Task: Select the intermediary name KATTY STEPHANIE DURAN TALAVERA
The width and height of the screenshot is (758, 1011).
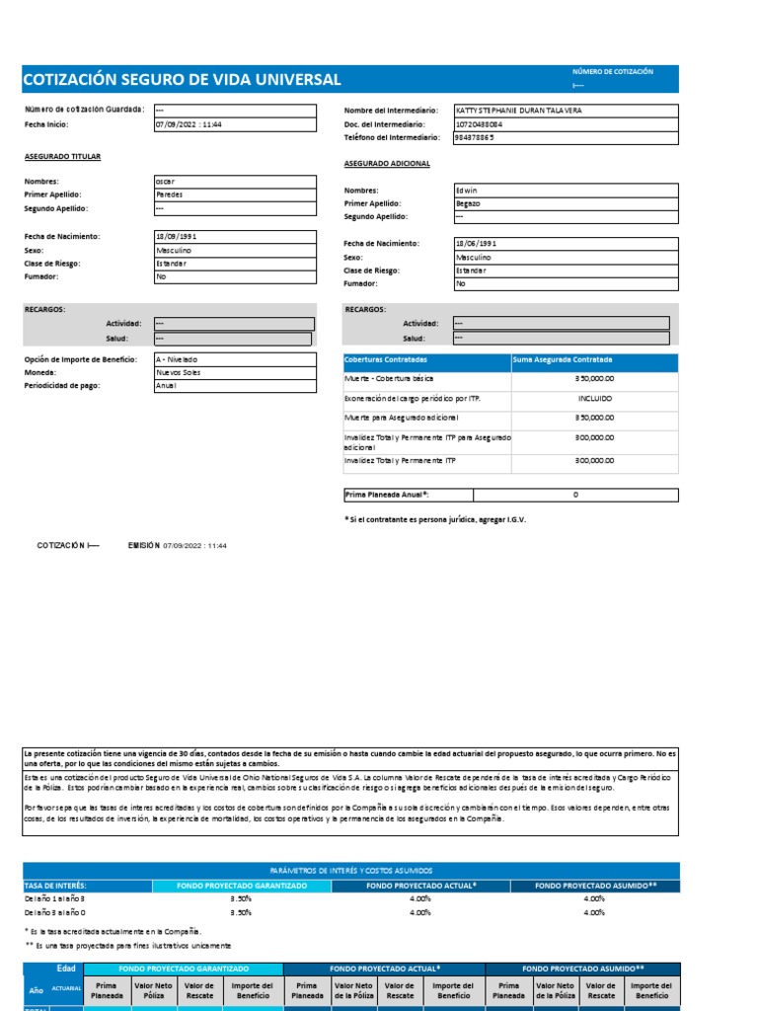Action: point(518,111)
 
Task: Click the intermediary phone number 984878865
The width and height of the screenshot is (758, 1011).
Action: point(475,138)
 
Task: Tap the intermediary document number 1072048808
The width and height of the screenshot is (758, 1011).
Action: point(479,124)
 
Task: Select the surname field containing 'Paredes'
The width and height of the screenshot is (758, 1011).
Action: point(170,195)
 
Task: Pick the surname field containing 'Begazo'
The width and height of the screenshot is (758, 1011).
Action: point(468,203)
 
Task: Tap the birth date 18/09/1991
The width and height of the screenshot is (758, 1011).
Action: point(178,237)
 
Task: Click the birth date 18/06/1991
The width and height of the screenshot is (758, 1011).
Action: point(477,243)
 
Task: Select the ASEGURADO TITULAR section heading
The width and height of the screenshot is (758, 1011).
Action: point(62,157)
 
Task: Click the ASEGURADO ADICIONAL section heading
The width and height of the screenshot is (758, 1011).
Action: point(386,163)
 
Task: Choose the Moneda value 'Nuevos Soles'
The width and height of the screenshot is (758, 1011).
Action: point(178,372)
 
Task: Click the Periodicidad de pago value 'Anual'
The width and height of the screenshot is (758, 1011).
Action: point(166,386)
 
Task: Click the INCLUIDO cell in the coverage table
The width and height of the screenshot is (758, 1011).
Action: point(594,399)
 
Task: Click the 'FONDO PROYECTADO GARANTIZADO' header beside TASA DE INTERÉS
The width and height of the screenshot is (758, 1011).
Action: point(242,886)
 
